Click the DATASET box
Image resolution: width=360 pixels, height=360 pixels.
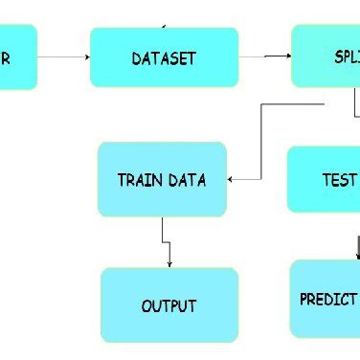164,57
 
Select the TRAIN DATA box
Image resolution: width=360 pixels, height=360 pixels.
162,179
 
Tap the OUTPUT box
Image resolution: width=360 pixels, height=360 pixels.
169,305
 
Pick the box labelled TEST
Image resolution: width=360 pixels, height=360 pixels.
324,179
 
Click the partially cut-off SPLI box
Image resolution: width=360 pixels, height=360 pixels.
326,56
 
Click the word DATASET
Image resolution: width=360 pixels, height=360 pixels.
164,58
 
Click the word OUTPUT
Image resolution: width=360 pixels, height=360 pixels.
169,306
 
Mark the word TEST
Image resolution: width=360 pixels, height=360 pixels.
339,180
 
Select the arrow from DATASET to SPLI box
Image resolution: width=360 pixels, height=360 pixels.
265,56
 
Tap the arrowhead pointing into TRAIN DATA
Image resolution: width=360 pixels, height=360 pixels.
232,178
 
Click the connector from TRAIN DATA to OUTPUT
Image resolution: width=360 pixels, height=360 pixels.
167,242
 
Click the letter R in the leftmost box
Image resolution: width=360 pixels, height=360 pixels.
7,58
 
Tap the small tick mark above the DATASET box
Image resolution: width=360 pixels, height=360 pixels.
166,25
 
